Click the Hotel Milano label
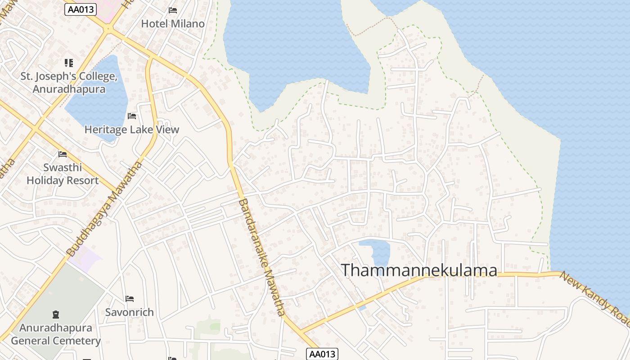[173, 24]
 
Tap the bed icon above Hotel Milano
[173, 10]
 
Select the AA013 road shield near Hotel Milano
[81, 9]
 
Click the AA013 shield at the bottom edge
[322, 354]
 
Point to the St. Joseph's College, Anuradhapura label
[69, 82]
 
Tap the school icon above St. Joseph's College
[68, 63]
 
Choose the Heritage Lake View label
[132, 130]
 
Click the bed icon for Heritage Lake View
[132, 116]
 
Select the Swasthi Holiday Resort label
[63, 174]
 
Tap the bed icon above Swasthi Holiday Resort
[63, 154]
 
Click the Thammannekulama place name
[419, 270]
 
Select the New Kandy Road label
[595, 299]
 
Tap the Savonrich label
[130, 312]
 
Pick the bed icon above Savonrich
[130, 299]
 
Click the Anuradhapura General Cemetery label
[56, 334]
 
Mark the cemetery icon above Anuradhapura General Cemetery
[56, 314]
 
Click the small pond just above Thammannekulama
[376, 250]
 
